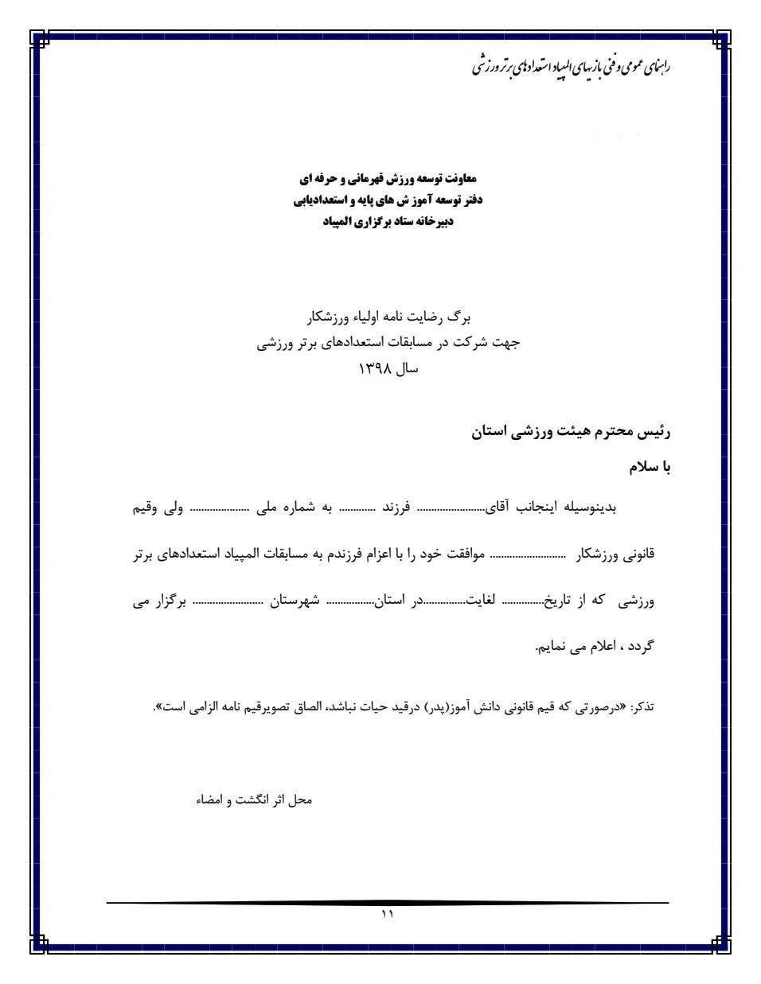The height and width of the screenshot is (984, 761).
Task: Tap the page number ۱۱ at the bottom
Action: click(387, 915)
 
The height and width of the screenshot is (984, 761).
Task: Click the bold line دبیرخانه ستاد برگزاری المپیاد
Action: click(388, 222)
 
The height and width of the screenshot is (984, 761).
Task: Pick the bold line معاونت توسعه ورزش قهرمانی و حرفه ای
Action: click(388, 177)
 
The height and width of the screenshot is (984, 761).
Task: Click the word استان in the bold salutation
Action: click(492, 432)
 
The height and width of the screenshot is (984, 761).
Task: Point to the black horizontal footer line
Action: click(387, 903)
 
